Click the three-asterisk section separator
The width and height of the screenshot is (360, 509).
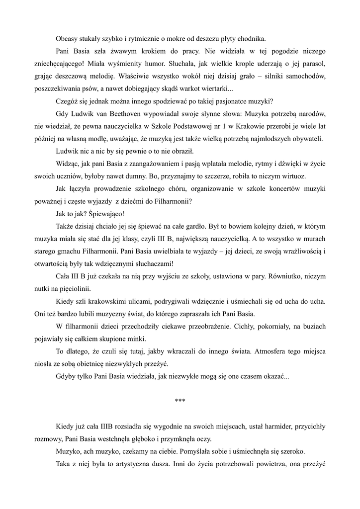(180, 401)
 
